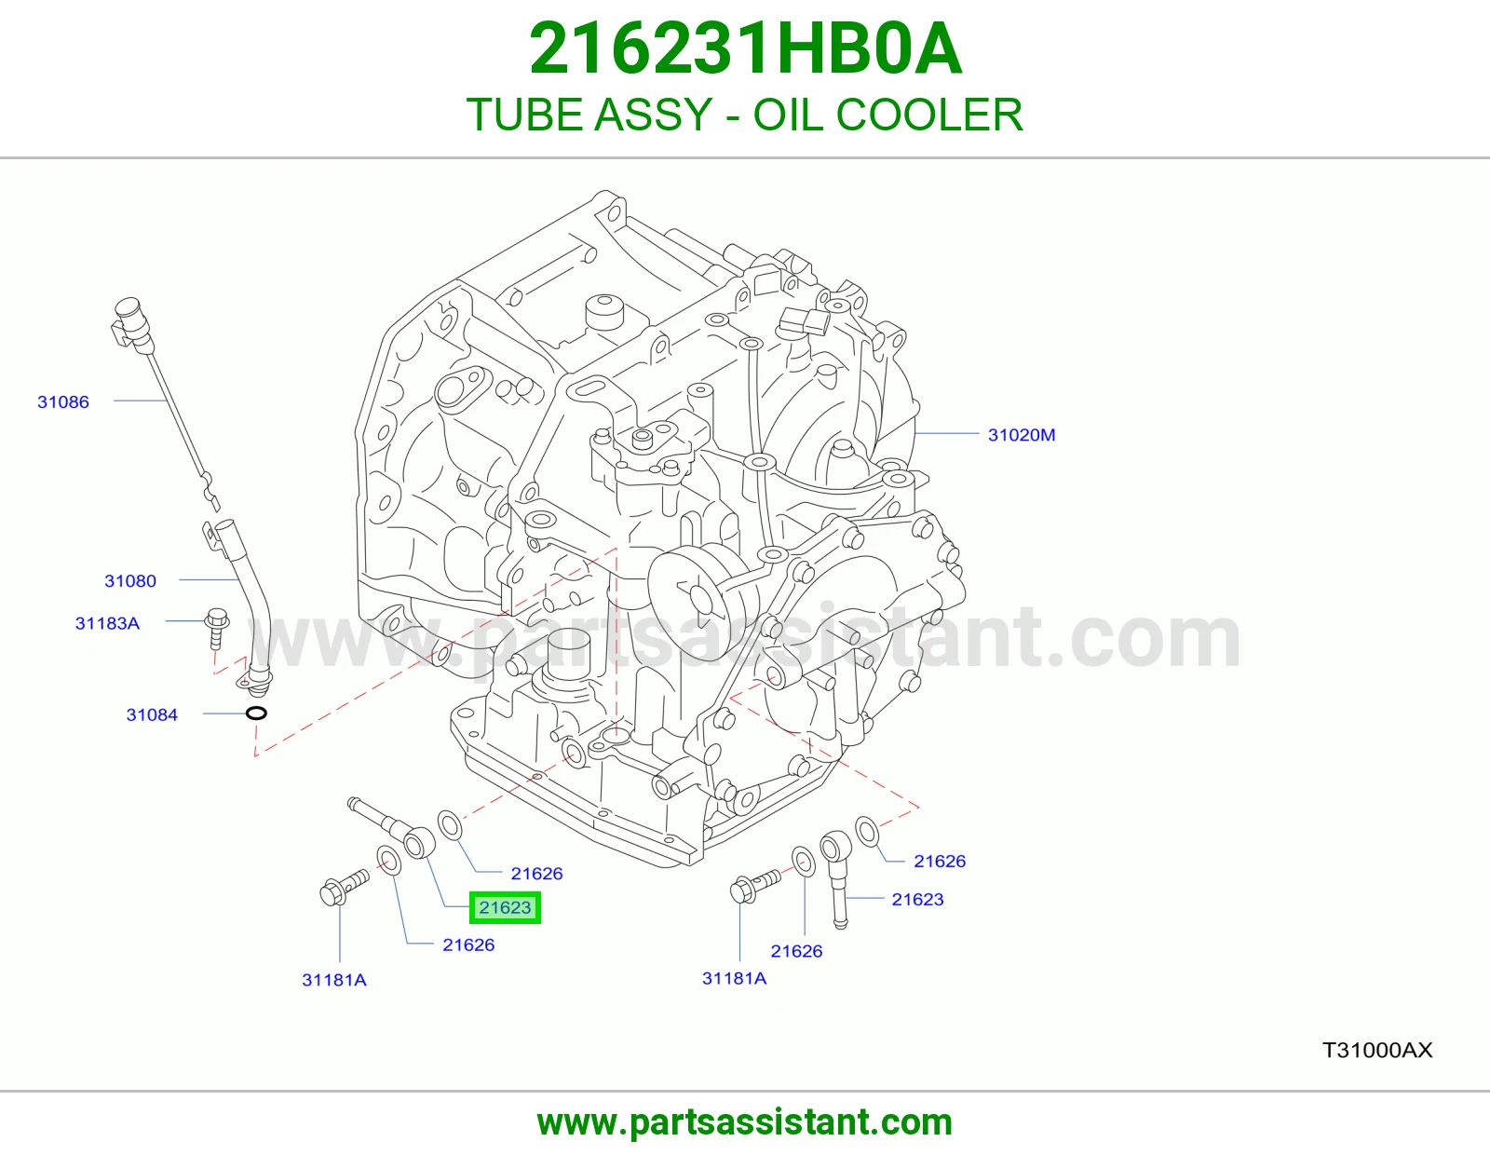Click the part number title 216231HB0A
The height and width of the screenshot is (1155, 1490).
[x=745, y=48]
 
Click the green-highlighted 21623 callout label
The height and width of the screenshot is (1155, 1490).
[x=505, y=907]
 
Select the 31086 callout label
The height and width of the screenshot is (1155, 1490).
[x=63, y=401]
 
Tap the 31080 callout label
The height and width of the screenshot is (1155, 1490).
[x=130, y=581]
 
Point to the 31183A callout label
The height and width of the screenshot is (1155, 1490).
[x=108, y=623]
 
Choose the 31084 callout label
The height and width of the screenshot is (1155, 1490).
[x=152, y=714]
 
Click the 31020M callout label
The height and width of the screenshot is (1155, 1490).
[x=1022, y=435]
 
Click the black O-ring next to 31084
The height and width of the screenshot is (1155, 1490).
[x=256, y=713]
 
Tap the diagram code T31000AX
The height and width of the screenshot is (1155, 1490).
[x=1377, y=1050]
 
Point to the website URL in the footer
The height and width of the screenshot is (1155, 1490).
[x=745, y=1122]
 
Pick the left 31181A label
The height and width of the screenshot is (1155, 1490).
[x=334, y=980]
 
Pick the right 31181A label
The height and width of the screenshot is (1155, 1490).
[x=735, y=978]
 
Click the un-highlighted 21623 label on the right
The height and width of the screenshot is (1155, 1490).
[x=917, y=899]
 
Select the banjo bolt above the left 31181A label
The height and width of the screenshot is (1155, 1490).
[x=345, y=887]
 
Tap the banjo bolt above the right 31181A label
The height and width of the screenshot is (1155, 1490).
[x=755, y=886]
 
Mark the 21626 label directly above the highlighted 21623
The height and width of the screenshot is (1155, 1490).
[x=537, y=874]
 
